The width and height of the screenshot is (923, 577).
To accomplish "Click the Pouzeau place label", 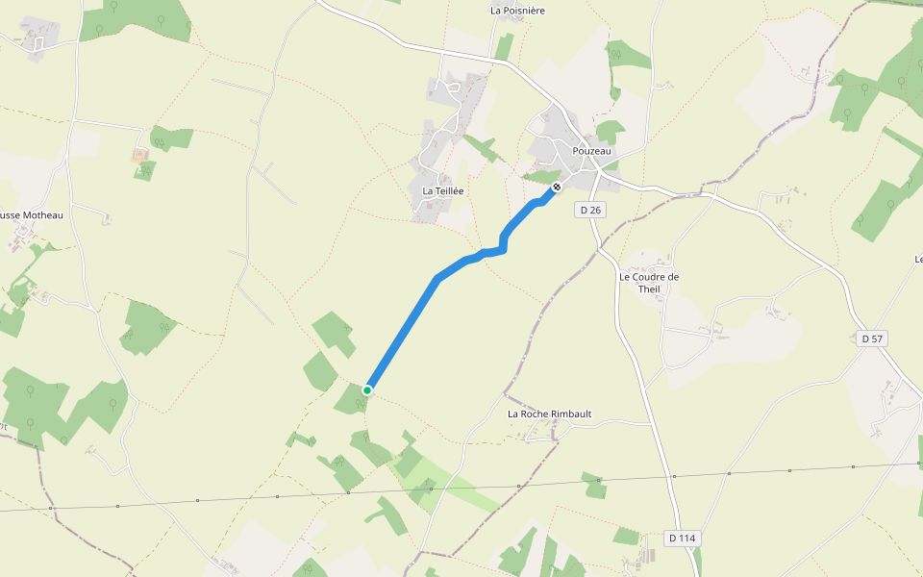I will coord(591,151).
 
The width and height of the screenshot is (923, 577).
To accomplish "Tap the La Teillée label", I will coord(443,191).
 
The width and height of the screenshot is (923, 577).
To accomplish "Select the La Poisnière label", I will coord(517,11).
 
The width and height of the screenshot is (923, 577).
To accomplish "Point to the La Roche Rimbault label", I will coord(549,414).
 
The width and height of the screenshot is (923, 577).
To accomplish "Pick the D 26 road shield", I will coord(590,210).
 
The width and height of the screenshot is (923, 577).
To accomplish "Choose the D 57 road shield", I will coord(871,339).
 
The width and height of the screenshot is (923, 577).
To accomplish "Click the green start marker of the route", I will coord(367,389).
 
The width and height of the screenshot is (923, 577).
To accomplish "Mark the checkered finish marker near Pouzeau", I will coord(556,187).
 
